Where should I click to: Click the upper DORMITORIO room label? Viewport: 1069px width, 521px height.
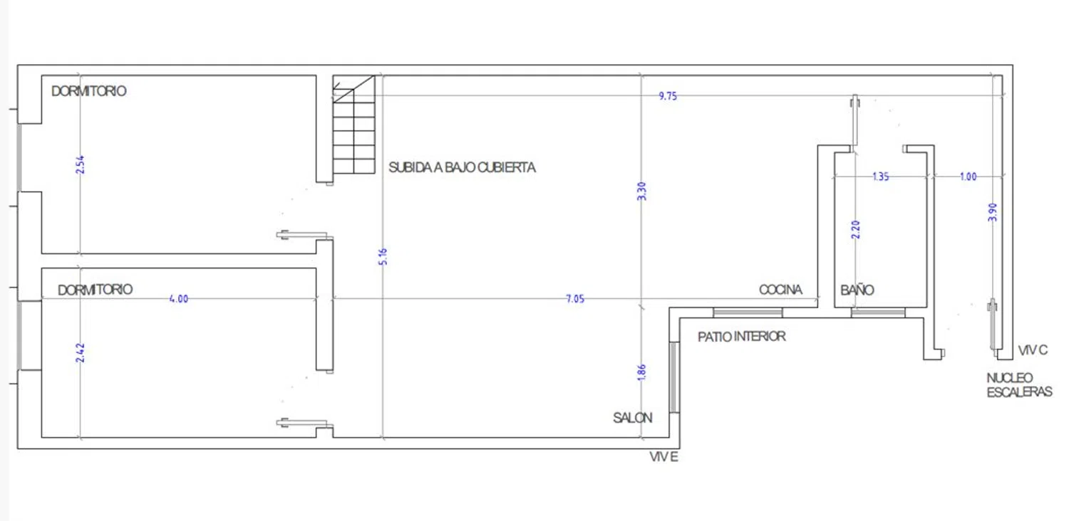[89, 91]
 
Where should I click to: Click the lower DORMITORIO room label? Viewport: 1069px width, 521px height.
[95, 290]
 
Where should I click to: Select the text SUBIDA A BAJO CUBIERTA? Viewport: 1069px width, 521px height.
[462, 168]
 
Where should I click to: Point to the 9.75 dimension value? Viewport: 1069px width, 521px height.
[668, 96]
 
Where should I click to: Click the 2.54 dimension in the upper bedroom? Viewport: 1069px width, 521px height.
[80, 164]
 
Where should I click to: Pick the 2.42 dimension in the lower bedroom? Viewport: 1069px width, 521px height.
[80, 353]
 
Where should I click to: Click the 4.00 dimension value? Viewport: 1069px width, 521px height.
[178, 299]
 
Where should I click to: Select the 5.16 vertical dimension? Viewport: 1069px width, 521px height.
[383, 257]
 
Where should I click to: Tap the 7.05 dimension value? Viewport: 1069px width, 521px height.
[575, 300]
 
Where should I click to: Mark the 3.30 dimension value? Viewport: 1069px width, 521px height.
[641, 191]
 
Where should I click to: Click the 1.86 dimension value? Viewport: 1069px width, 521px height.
[641, 373]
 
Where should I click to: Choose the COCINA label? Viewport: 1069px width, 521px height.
[780, 290]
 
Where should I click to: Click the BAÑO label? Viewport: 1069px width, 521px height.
[857, 290]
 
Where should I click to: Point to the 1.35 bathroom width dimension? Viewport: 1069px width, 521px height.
[881, 177]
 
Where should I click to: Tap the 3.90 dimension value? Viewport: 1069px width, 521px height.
[993, 213]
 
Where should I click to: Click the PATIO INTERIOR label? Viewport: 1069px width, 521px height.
[742, 336]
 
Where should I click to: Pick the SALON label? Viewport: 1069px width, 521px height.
[632, 418]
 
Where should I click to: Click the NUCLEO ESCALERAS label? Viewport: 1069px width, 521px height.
[1019, 384]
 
